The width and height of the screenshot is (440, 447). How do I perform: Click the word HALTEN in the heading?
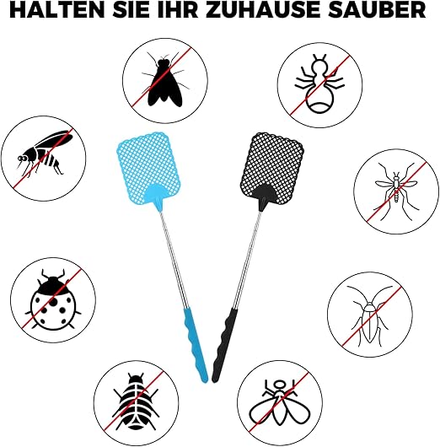pos(57,10)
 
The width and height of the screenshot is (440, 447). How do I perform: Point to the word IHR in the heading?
pos(177,10)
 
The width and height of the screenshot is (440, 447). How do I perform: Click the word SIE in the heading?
pos(130,10)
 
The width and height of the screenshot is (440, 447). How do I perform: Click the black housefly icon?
pos(165,81)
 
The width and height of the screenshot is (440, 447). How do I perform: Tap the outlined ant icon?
pos(319,84)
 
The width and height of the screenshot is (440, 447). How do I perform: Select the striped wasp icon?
pos(45,152)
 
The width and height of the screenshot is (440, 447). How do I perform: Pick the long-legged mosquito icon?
pos(396,191)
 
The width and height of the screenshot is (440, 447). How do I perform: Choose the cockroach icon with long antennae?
pos(370,316)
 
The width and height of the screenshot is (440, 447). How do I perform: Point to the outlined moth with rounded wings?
pos(280,402)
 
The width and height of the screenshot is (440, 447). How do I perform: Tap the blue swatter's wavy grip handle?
pos(196,346)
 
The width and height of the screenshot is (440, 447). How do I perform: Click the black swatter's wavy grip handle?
pos(224,346)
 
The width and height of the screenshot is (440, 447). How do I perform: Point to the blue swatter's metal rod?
pos(173,260)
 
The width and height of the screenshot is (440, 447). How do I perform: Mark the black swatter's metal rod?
pos(247,260)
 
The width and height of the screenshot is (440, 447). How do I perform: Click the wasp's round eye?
pos(22,158)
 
